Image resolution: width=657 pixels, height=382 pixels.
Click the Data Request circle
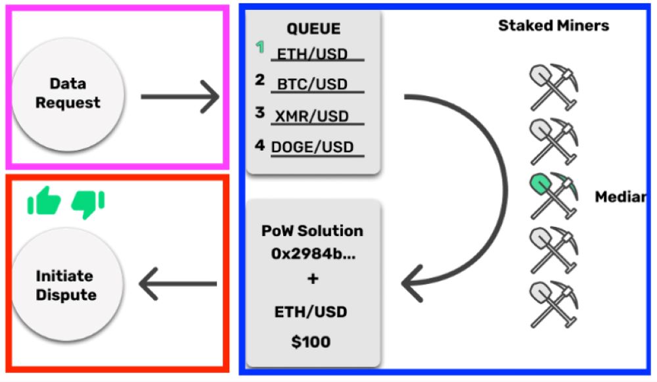(x=68, y=93)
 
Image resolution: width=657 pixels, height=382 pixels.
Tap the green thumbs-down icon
(x=87, y=204)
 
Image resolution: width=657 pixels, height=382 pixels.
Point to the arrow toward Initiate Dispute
(x=177, y=285)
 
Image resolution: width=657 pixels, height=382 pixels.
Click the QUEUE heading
(x=313, y=29)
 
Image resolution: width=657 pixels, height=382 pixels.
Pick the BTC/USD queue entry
(x=312, y=85)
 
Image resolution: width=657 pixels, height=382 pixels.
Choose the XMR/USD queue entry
(x=312, y=116)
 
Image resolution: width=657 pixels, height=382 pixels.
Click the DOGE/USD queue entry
(x=313, y=147)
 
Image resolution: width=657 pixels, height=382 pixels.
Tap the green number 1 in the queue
(x=260, y=47)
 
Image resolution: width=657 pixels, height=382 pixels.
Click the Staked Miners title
(x=553, y=26)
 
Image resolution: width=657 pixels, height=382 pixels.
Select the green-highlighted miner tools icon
(x=553, y=196)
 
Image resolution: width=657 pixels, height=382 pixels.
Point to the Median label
(x=619, y=197)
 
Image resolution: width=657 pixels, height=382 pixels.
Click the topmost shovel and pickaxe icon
(x=553, y=87)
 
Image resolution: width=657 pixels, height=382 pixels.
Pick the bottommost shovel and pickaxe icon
(x=553, y=304)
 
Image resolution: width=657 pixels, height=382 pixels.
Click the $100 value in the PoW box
(x=312, y=342)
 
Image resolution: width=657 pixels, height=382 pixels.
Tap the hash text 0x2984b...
(x=312, y=254)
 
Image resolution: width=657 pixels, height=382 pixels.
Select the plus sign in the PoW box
(x=312, y=279)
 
